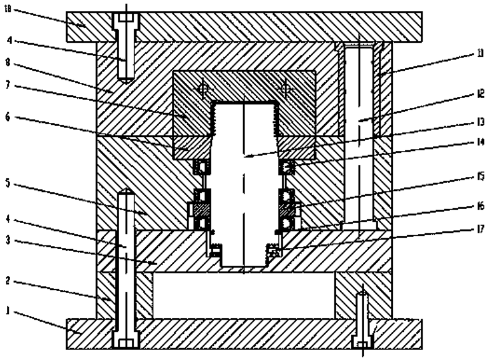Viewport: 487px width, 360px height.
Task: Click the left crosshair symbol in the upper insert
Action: [x=202, y=90]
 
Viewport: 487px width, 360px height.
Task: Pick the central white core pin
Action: [x=244, y=185]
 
